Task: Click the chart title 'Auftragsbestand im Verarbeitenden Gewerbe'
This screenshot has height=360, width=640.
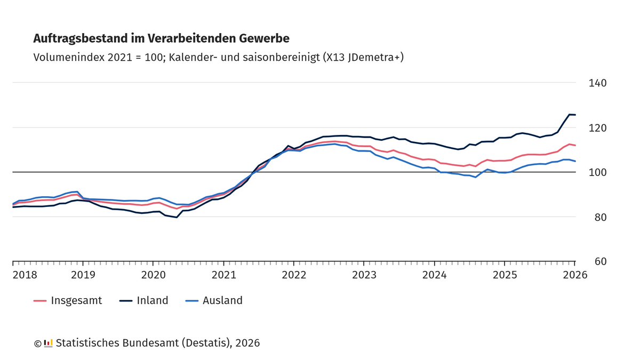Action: click(x=162, y=38)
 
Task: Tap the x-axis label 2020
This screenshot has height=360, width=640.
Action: click(x=153, y=275)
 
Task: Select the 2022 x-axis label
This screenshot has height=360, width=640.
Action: click(x=294, y=275)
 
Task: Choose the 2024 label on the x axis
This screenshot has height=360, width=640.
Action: click(x=435, y=275)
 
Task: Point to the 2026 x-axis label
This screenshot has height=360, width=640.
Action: click(x=575, y=275)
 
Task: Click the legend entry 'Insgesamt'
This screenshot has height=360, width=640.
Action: click(x=76, y=300)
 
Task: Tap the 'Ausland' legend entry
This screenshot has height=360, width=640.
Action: click(x=222, y=300)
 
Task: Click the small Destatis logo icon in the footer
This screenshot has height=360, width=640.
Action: click(x=48, y=343)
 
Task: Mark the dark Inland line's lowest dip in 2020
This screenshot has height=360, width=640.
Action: click(x=177, y=217)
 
